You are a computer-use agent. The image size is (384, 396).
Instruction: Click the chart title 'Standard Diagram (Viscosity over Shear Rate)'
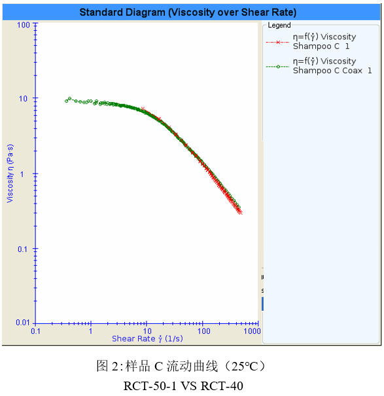[x=187, y=12]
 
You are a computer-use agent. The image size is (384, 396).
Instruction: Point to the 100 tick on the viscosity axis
[x=25, y=25]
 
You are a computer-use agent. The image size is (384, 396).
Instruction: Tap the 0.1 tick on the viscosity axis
[x=25, y=249]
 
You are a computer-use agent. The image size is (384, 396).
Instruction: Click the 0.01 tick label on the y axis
[x=23, y=323]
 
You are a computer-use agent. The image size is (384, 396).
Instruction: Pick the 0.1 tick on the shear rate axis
[x=35, y=332]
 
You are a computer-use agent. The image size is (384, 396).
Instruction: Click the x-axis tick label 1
[x=91, y=332]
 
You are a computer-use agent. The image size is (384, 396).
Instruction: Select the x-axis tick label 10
[x=147, y=332]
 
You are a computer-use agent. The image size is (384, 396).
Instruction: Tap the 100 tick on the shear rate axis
[x=203, y=332]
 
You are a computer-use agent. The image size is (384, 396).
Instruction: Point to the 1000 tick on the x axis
[x=253, y=332]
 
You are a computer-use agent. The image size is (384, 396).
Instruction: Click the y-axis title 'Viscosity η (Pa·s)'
[x=10, y=173]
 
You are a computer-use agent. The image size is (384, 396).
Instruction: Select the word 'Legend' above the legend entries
[x=279, y=26]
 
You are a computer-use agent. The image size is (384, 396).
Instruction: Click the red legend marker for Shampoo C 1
[x=278, y=42]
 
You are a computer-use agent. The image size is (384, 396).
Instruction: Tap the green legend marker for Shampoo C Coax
[x=278, y=66]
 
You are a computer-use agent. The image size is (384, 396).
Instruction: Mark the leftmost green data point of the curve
[x=67, y=101]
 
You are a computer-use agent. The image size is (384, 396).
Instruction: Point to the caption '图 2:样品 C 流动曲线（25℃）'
[x=181, y=366]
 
